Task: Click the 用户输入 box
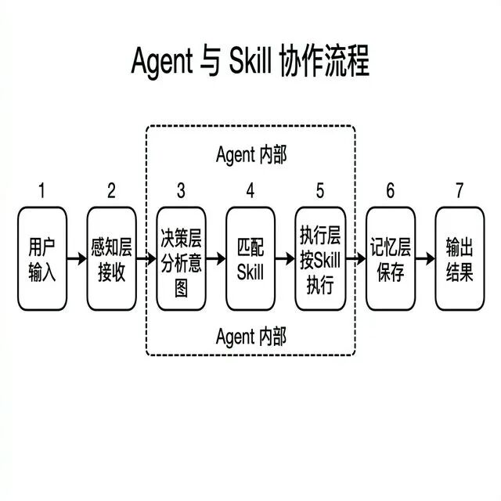(42, 258)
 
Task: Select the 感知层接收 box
(111, 258)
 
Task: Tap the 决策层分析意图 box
(181, 258)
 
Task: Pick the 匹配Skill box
(250, 258)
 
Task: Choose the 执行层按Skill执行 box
(320, 258)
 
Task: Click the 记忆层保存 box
(390, 258)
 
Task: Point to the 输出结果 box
(460, 258)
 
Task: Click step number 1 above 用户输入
(42, 190)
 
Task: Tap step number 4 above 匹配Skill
(250, 190)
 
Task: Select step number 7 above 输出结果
(460, 190)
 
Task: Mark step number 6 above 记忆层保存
(390, 190)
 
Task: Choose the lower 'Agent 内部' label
(250, 337)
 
